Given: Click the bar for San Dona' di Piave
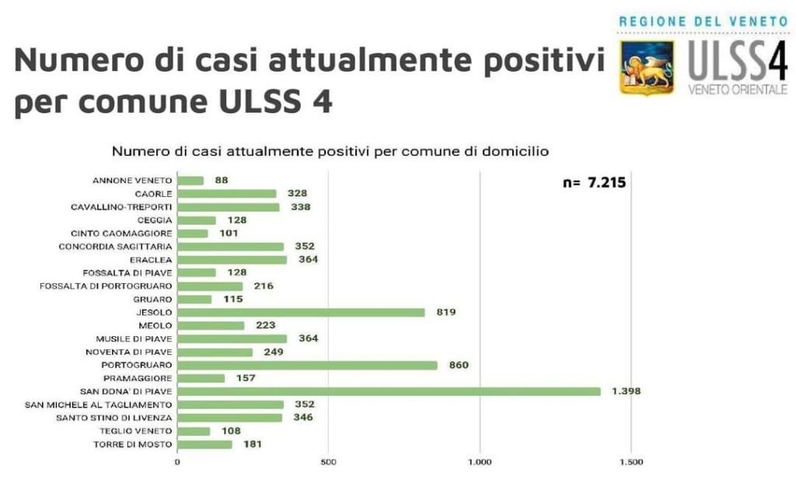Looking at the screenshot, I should (389, 391).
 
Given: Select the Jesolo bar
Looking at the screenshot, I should (301, 312).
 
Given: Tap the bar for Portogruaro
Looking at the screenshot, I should (307, 365).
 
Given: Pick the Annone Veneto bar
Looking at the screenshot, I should (190, 180).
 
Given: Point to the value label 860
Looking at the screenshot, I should (459, 365).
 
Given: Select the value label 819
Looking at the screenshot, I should (445, 312).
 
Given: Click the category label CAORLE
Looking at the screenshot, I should (152, 194).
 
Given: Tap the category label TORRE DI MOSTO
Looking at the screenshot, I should (134, 444).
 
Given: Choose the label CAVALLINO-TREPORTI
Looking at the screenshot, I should (121, 207).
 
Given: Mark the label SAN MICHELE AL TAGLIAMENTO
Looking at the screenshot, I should (98, 405).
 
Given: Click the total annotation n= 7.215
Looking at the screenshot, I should (594, 184).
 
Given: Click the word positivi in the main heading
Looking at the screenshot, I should (537, 60).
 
